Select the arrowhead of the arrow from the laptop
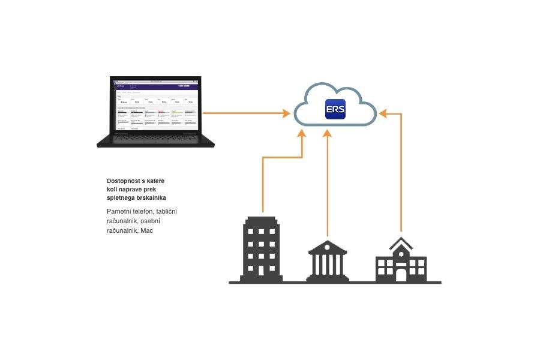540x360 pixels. (286, 112)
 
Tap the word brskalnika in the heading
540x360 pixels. (151, 197)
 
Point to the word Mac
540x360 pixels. (147, 230)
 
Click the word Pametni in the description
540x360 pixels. (119, 211)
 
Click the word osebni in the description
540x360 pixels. (150, 221)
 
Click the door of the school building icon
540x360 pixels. (401, 274)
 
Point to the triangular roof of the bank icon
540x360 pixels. (328, 245)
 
